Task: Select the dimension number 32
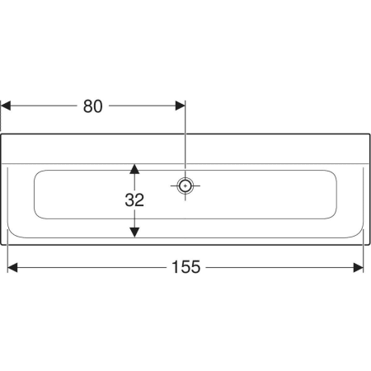[x=135, y=200]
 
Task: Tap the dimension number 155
[x=189, y=266]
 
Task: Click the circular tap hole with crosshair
[x=185, y=185]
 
